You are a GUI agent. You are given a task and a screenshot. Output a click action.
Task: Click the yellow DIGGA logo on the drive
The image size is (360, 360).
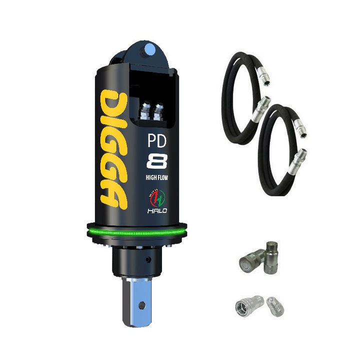coord(114,149)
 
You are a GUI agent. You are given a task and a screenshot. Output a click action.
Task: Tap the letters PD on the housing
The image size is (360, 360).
coord(157,140)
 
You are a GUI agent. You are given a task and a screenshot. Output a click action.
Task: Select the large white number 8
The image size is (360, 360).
coord(157,161)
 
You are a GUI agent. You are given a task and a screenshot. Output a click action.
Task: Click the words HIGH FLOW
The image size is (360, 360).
coord(157,177)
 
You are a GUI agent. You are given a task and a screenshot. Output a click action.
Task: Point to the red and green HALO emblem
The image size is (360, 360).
coord(157,198)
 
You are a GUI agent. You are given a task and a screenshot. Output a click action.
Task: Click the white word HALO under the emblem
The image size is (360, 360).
coord(157,211)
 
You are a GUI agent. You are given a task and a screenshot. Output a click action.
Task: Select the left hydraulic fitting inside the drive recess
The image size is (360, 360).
coord(145,111)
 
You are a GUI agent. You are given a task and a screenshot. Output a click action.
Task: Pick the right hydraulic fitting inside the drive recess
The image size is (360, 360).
coord(158,112)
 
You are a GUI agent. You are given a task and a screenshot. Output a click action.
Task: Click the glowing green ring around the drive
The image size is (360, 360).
coord(137,232)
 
